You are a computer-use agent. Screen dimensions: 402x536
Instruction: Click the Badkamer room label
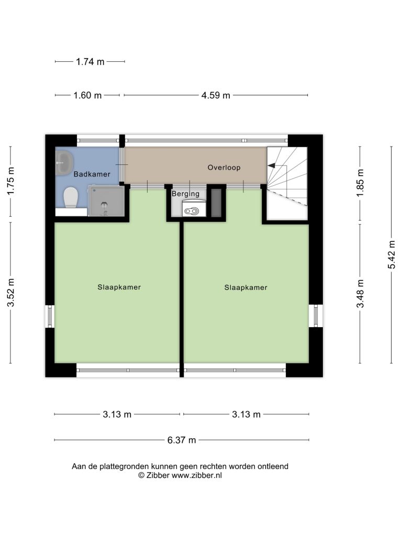[x=92, y=174]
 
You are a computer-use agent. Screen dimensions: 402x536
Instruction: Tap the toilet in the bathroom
[x=71, y=197]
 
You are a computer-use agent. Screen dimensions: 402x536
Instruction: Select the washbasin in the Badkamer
[x=64, y=163]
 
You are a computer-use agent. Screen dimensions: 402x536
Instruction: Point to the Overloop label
[x=224, y=167]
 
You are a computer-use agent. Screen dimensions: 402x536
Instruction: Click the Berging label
[x=186, y=194]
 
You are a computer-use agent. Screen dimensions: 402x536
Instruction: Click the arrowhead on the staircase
[x=272, y=165]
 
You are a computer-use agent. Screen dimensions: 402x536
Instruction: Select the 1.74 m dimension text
[x=90, y=62]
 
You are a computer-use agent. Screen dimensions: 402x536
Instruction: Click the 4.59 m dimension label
[x=216, y=95]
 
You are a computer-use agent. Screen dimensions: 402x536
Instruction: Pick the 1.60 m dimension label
[x=87, y=95]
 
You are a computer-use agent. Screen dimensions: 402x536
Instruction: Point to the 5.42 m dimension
[x=392, y=255]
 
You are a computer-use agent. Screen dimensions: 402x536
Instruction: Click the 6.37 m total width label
[x=182, y=440]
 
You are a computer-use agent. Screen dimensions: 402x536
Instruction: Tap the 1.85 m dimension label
[x=360, y=183]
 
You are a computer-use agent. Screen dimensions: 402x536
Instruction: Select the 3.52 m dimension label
[x=11, y=293]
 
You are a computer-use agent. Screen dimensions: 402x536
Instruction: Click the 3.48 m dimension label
[x=360, y=294]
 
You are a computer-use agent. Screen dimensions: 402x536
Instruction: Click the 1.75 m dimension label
[x=11, y=181]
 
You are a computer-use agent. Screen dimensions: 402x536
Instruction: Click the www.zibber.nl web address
[x=197, y=475]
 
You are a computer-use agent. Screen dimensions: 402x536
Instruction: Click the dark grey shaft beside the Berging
[x=216, y=203]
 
